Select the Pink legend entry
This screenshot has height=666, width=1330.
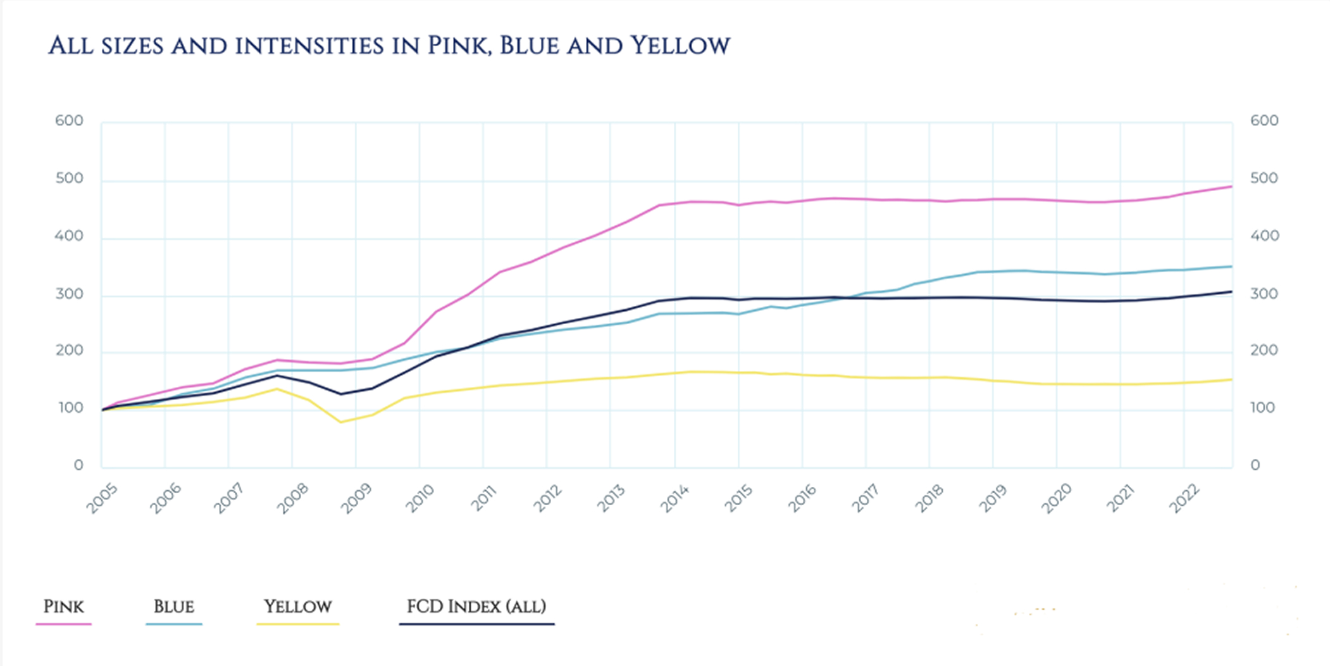(63, 607)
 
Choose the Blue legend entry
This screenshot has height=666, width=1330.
(173, 607)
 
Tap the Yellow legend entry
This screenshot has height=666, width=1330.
(297, 607)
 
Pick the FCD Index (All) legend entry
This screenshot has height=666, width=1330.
(476, 607)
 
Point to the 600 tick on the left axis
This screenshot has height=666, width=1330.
(69, 121)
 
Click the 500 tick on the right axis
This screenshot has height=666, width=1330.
(1264, 179)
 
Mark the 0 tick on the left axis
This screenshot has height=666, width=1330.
(78, 465)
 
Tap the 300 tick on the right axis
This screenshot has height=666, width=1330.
(1264, 294)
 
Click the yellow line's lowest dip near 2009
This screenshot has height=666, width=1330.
(341, 422)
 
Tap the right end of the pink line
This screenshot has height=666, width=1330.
(1231, 186)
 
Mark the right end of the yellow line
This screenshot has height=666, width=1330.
(1231, 380)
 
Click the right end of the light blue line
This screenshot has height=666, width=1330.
(1231, 267)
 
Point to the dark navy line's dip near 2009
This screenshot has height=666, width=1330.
(341, 394)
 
